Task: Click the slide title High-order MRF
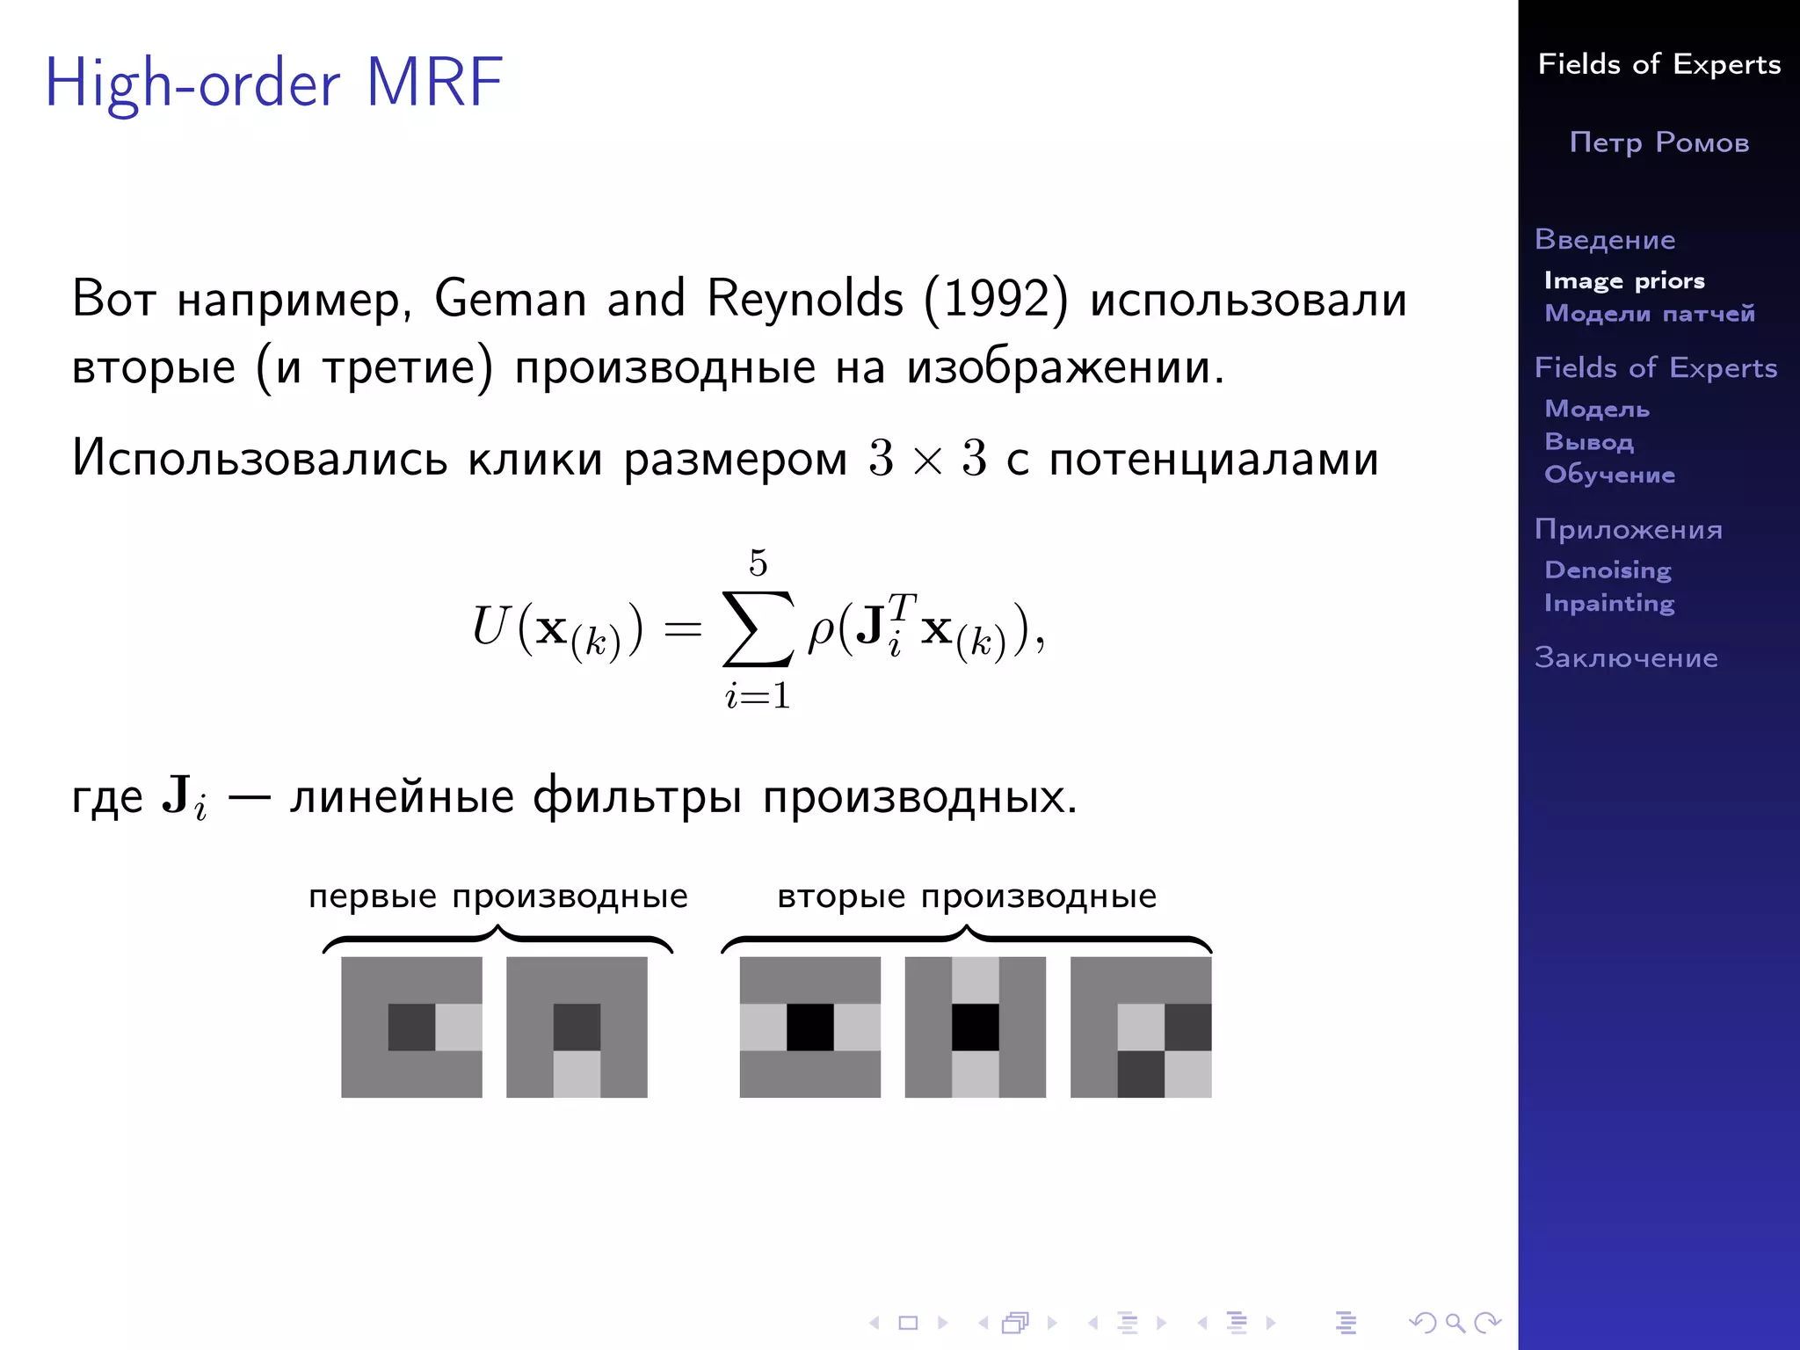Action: pyautogui.click(x=273, y=83)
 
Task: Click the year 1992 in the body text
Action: pyautogui.click(x=997, y=299)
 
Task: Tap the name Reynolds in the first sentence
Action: pyautogui.click(x=804, y=299)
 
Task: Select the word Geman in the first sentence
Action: pyautogui.click(x=510, y=299)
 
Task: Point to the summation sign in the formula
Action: pyautogui.click(x=757, y=628)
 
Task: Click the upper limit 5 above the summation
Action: pyautogui.click(x=758, y=562)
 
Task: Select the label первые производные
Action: pyautogui.click(x=497, y=896)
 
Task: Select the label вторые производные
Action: pyautogui.click(x=967, y=896)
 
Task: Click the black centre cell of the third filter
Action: pyautogui.click(x=809, y=1027)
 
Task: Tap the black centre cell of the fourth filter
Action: pyautogui.click(x=976, y=1027)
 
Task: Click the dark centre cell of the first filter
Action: pyautogui.click(x=411, y=1027)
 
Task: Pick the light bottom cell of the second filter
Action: pyautogui.click(x=577, y=1074)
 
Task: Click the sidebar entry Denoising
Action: pyautogui.click(x=1608, y=570)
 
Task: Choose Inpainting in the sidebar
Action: pyautogui.click(x=1609, y=603)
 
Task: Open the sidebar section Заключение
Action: pyautogui.click(x=1626, y=657)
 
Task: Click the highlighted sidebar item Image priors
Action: pyautogui.click(x=1624, y=280)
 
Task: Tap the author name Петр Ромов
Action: pyautogui.click(x=1659, y=142)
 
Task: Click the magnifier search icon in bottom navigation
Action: pyautogui.click(x=1455, y=1322)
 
